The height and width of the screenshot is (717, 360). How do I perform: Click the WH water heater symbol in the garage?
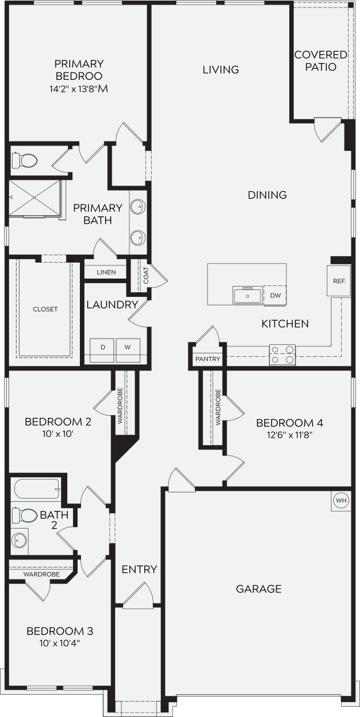point(341,501)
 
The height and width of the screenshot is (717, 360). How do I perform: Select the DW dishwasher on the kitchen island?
point(275,295)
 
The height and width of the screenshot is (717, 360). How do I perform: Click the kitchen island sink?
point(248,296)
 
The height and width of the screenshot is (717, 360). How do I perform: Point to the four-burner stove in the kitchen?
point(282,354)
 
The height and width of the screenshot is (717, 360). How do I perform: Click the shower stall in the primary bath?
point(34,198)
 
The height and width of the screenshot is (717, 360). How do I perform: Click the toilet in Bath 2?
point(23,515)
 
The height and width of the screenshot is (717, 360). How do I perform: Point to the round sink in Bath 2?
point(21,539)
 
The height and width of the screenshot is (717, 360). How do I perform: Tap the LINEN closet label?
point(106,272)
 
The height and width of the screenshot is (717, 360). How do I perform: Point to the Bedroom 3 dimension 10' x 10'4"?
point(60,643)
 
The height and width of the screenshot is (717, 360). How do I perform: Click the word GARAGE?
point(258,589)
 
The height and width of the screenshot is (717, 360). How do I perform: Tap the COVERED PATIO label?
point(312,61)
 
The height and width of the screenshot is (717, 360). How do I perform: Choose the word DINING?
point(267,195)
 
